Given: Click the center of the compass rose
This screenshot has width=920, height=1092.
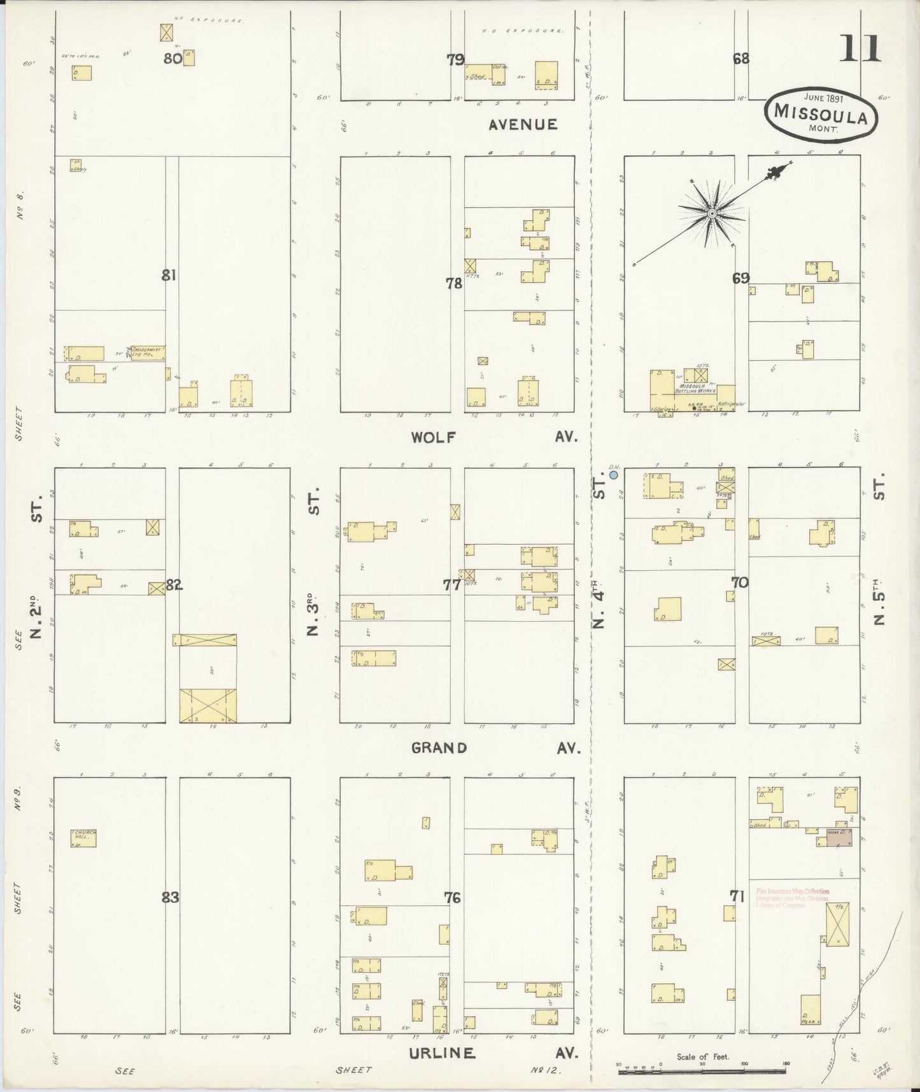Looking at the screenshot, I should pos(712,212).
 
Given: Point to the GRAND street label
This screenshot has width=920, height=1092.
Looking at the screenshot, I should pos(439,748).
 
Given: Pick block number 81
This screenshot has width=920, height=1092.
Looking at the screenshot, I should pos(169,275).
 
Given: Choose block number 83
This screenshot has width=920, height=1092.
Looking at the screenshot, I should pos(170,898).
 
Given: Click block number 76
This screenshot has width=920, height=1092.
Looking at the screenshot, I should pos(453,898).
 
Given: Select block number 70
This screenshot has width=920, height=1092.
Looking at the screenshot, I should pos(739,582).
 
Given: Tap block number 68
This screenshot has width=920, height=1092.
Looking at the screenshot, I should pos(741,59).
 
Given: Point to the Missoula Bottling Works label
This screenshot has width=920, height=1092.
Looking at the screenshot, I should pos(698,390).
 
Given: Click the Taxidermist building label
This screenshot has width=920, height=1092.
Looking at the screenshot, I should pos(148,352).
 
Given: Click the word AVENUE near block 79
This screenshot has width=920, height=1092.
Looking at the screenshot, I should pos(523,125).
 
